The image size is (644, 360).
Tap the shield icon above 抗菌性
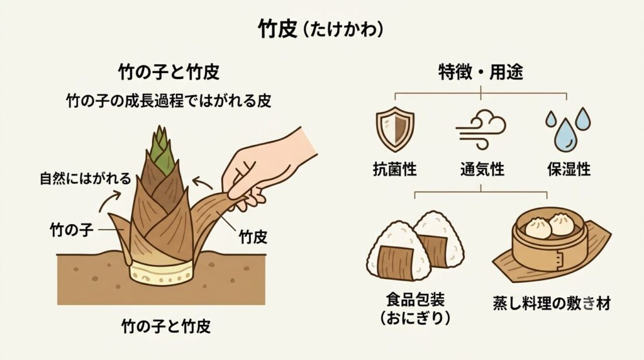(395, 129)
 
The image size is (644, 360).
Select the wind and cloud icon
(481, 129)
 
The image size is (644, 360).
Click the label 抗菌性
(395, 169)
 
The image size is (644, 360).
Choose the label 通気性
(482, 169)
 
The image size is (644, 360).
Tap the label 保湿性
(569, 169)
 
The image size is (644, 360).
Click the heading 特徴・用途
(481, 73)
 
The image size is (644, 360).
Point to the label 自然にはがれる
(86, 178)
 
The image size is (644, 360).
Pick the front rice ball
(397, 252)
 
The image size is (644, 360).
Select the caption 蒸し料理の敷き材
(552, 303)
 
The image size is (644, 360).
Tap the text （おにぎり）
(415, 318)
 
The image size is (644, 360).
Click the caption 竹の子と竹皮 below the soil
(166, 326)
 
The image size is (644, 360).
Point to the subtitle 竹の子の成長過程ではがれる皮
(169, 100)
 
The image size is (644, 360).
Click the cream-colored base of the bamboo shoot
(162, 273)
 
